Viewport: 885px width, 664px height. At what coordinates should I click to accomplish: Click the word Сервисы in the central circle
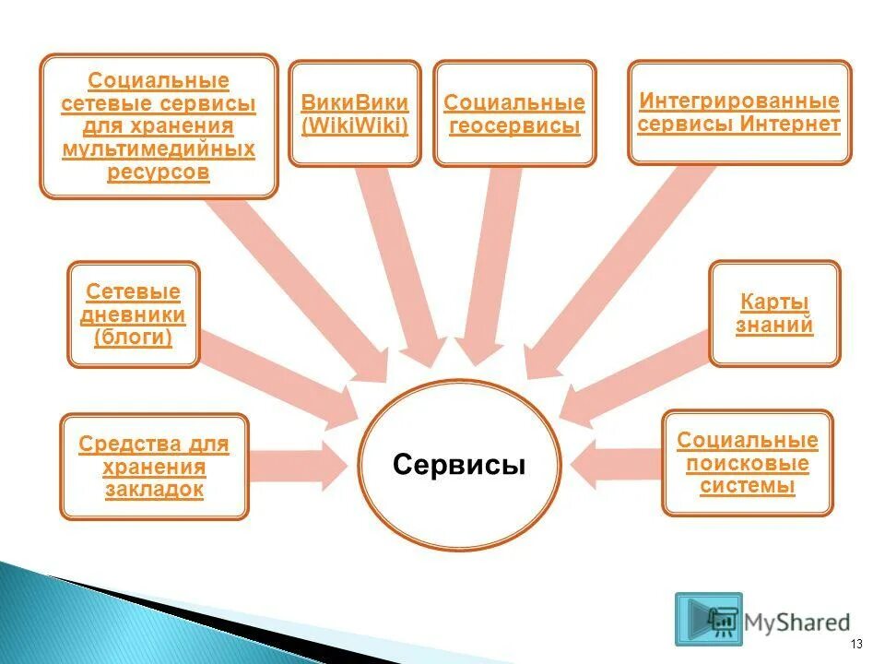coord(458,465)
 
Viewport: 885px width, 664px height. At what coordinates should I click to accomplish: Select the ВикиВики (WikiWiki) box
coord(355,113)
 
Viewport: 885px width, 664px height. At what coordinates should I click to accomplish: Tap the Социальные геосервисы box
coord(514,114)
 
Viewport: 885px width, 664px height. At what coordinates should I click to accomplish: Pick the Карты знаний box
coord(774,314)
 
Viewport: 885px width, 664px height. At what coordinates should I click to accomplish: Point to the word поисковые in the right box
coord(748,463)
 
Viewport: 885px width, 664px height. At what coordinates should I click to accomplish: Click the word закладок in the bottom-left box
coord(154,490)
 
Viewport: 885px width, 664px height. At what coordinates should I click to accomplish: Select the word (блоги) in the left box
coord(134,338)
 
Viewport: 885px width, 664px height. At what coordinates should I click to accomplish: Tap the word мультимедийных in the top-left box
coord(159,148)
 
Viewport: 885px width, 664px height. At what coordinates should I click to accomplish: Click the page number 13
coord(856,644)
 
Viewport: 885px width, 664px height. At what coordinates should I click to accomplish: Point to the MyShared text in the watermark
coord(799,622)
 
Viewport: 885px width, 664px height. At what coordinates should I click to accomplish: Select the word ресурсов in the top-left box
coord(159,172)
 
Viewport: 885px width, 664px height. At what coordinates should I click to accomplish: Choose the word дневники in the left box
coord(134,315)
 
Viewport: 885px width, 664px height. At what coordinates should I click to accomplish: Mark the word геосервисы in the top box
coord(514,126)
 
